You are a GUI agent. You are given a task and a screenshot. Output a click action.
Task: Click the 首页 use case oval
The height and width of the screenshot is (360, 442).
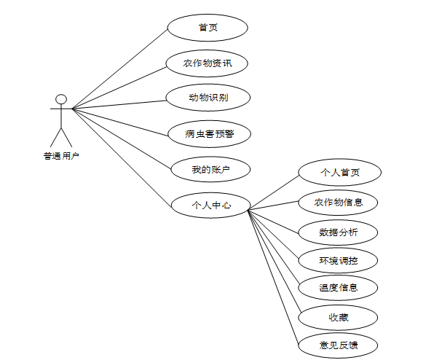click(208, 28)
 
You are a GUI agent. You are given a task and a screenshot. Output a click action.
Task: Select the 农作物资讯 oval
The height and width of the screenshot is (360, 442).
click(208, 63)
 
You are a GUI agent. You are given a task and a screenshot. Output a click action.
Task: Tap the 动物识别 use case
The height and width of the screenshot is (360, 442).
click(208, 97)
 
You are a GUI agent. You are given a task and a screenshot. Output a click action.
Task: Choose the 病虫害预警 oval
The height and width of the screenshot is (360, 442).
click(208, 133)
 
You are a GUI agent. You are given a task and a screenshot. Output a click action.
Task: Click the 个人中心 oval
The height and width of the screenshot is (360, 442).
click(210, 206)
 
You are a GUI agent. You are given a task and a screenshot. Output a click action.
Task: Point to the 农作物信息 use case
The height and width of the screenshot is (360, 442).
click(339, 202)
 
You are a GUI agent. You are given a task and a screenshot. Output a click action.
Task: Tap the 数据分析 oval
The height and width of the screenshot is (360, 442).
click(339, 232)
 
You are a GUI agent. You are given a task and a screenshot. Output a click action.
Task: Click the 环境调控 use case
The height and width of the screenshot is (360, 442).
click(339, 259)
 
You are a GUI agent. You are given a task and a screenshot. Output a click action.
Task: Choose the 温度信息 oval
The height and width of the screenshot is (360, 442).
click(339, 287)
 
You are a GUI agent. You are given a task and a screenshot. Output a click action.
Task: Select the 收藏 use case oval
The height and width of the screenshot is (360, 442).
click(339, 317)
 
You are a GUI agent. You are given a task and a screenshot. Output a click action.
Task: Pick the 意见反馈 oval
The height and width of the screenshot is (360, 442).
click(339, 345)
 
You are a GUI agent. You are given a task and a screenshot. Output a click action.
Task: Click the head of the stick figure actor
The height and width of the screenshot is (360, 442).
click(62, 99)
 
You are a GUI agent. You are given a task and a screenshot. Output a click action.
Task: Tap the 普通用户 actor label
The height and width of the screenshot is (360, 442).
click(61, 155)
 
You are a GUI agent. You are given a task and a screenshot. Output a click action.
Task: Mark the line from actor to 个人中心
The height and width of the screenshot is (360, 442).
click(122, 156)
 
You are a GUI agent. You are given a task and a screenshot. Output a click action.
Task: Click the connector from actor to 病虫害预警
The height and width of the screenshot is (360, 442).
click(120, 121)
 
